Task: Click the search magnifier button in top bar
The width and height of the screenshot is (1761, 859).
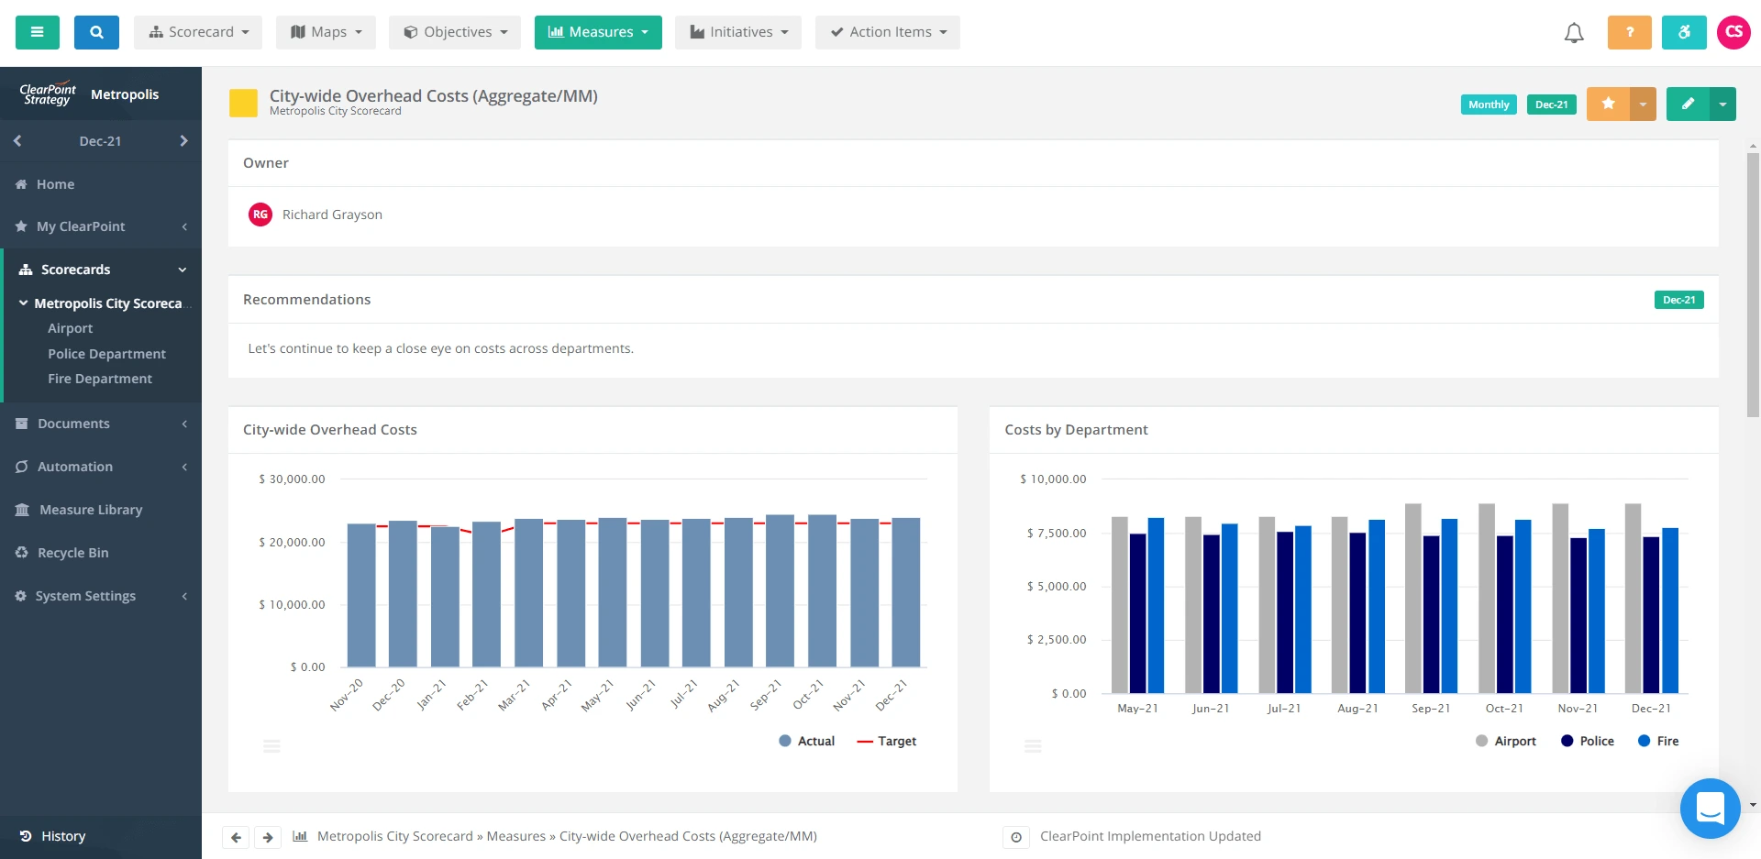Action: (x=96, y=32)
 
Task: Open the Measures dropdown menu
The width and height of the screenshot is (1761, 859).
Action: (x=598, y=32)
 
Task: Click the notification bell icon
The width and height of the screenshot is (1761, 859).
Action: (x=1574, y=33)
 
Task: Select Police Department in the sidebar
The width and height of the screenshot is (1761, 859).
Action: (x=106, y=354)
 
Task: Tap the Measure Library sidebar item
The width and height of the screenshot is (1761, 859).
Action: (x=90, y=510)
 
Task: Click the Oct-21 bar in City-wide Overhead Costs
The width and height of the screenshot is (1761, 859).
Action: (x=822, y=591)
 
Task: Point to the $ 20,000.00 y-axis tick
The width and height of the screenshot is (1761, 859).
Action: (x=292, y=542)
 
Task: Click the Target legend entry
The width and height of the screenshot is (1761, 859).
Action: (x=887, y=741)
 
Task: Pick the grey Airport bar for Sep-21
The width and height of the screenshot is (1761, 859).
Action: (x=1413, y=598)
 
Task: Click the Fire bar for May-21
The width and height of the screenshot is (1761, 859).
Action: (x=1156, y=605)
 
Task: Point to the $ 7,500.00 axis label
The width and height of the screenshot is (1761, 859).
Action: (x=1057, y=533)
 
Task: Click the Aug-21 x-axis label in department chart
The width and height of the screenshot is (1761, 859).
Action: (x=1357, y=709)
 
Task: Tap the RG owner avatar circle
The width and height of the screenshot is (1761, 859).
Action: (x=260, y=215)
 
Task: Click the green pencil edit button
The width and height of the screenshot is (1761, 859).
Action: (x=1688, y=104)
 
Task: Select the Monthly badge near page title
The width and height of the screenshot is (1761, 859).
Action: (x=1489, y=105)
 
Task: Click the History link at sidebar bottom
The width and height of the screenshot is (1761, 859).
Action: (x=62, y=836)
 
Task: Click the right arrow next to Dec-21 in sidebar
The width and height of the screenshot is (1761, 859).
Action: (x=183, y=141)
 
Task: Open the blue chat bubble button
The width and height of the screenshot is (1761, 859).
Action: (x=1710, y=809)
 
